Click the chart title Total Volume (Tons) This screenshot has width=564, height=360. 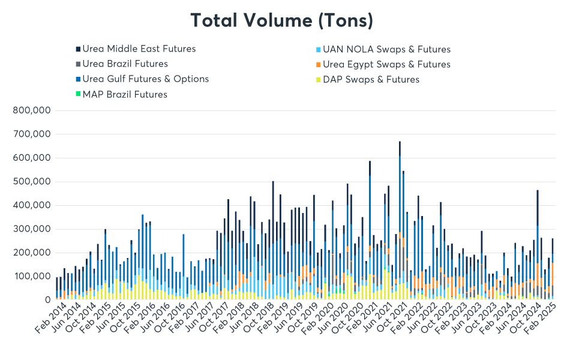pos(282,20)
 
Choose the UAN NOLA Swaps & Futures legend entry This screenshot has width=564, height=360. pos(386,49)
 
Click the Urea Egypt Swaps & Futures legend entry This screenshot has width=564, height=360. pos(386,64)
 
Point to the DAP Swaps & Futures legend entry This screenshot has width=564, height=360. pos(371,79)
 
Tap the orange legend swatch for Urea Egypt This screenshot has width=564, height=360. pos(317,64)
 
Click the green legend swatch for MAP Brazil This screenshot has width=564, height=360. pos(77,94)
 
